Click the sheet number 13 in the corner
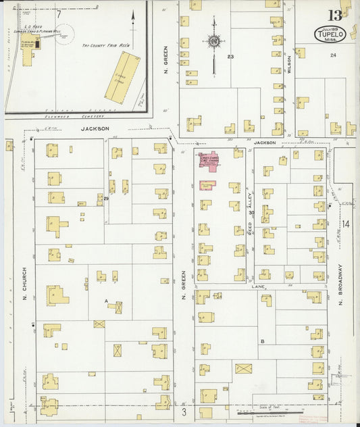coord(335,15)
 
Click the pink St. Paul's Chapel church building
coord(209,160)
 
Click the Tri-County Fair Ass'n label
coord(105,45)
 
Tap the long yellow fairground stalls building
coord(122,78)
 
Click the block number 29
coord(106,198)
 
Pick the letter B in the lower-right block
coord(262,341)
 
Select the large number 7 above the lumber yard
coord(59,14)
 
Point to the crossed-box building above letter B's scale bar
coord(243,368)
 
